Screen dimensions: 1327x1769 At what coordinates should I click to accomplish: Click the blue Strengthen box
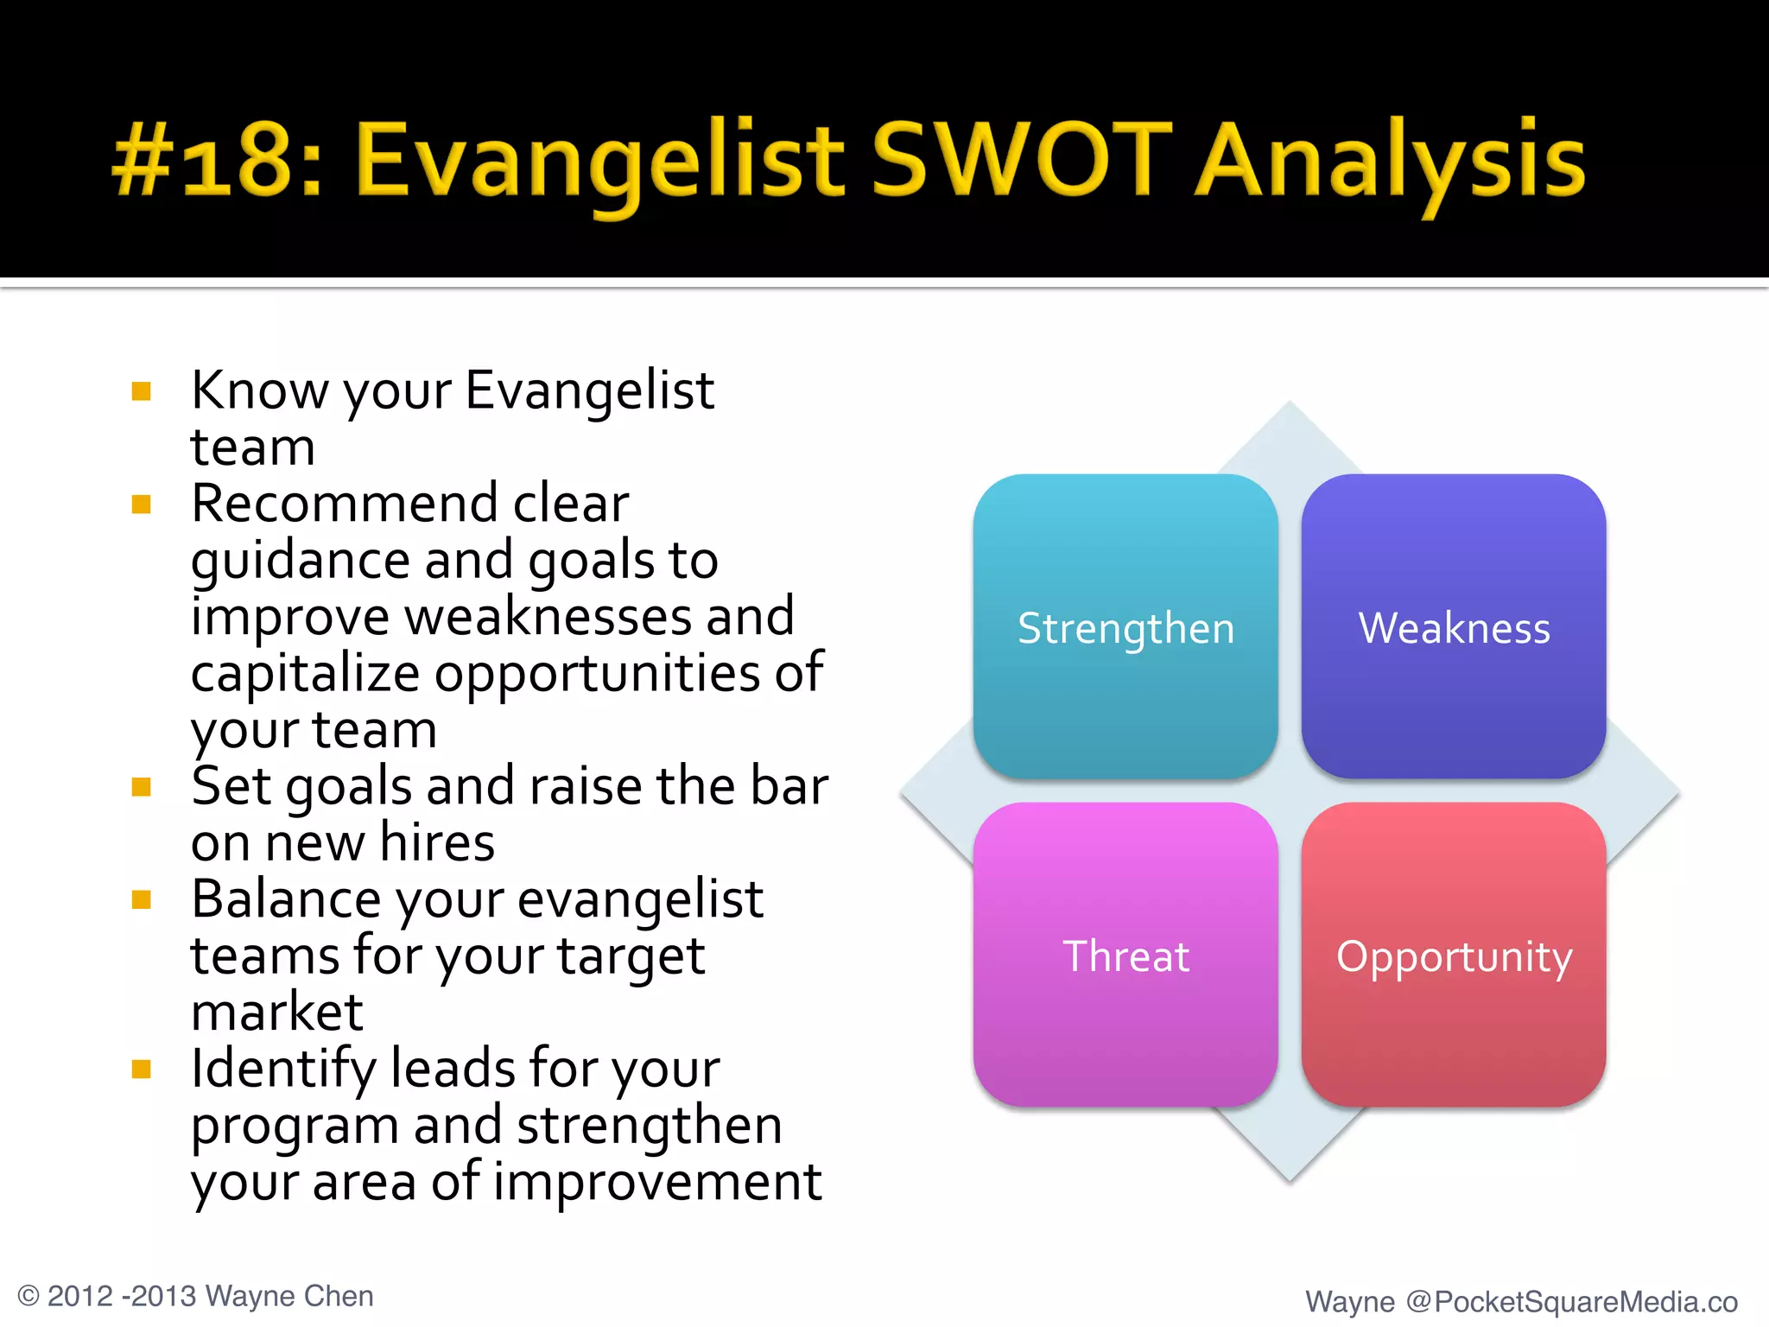[x=1125, y=626]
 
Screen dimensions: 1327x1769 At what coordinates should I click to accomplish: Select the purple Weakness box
[x=1454, y=626]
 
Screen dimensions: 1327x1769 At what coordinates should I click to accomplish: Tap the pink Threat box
[x=1125, y=955]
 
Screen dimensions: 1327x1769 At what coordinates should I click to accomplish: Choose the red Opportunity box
[x=1454, y=955]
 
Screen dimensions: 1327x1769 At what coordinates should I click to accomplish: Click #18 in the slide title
[x=216, y=160]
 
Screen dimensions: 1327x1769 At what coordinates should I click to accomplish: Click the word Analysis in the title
[x=1391, y=164]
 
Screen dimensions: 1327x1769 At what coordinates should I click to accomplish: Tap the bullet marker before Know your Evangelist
[x=142, y=392]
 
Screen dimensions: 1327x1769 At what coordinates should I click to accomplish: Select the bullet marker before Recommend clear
[x=142, y=505]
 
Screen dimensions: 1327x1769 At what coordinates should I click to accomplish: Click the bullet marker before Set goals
[x=142, y=787]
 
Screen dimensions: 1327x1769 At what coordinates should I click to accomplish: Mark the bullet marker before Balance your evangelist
[x=142, y=900]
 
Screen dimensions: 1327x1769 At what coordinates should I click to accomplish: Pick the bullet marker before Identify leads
[x=142, y=1070]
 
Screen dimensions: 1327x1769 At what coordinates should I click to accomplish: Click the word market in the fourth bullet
[x=276, y=1012]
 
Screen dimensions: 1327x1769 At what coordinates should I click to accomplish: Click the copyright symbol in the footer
[x=29, y=1296]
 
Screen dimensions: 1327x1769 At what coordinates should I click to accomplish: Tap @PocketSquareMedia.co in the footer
[x=1570, y=1301]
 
